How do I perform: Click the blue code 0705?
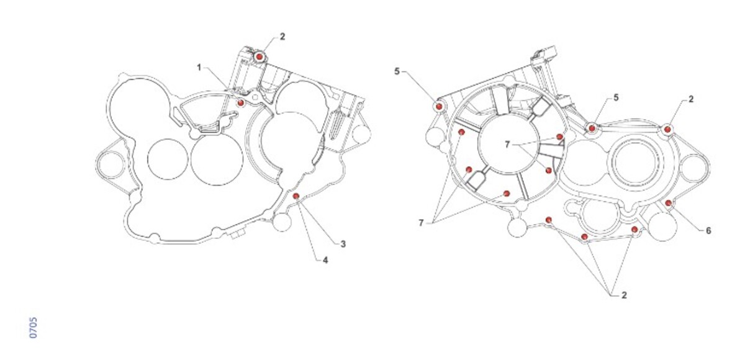click(x=34, y=328)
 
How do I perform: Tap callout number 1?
click(x=199, y=68)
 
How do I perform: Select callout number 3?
click(x=343, y=245)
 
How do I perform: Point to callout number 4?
click(x=325, y=260)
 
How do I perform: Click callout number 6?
click(x=708, y=230)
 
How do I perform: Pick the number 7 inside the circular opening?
click(x=507, y=145)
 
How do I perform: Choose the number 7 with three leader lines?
click(x=421, y=223)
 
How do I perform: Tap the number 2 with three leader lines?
click(x=624, y=295)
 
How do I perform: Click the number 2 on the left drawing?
click(x=282, y=37)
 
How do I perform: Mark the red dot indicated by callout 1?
click(x=240, y=102)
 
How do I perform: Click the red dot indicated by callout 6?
click(x=668, y=203)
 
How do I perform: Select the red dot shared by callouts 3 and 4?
click(x=296, y=196)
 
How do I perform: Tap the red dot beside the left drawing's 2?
click(x=259, y=57)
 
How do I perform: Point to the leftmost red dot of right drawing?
click(x=439, y=106)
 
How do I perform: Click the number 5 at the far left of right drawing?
click(x=397, y=71)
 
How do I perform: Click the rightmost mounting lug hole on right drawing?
click(x=695, y=168)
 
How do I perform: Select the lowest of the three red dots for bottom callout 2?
click(x=584, y=236)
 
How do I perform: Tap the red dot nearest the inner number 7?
click(x=560, y=137)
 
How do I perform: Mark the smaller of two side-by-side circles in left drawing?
click(x=168, y=160)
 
